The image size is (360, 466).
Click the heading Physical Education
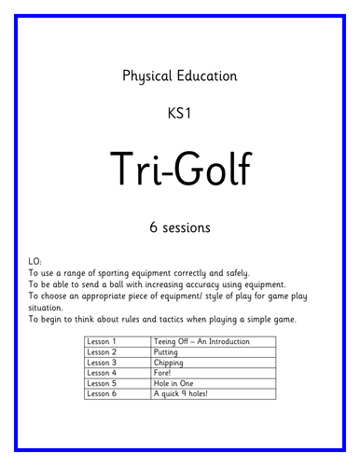(180, 76)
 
